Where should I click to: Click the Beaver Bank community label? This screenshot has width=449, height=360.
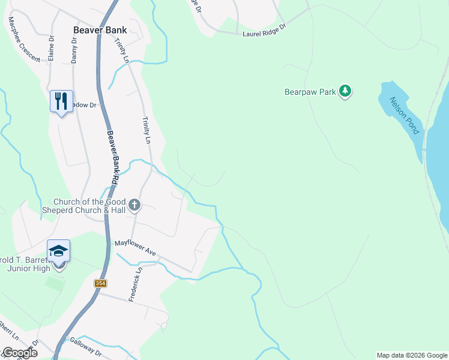pyautogui.click(x=100, y=29)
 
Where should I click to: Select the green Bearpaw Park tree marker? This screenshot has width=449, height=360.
pyautogui.click(x=345, y=91)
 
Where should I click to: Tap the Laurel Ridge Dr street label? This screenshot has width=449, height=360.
pyautogui.click(x=265, y=31)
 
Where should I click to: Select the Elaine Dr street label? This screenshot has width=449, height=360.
pyautogui.click(x=52, y=47)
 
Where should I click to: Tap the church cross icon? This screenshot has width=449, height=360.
pyautogui.click(x=134, y=206)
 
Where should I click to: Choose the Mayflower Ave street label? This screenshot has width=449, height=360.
pyautogui.click(x=136, y=249)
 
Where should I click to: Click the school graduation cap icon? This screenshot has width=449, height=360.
pyautogui.click(x=59, y=250)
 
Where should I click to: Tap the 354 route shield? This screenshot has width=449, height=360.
pyautogui.click(x=100, y=283)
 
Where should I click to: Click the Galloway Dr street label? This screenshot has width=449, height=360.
pyautogui.click(x=85, y=350)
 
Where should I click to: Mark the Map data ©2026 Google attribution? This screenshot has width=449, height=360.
pyautogui.click(x=412, y=355)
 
